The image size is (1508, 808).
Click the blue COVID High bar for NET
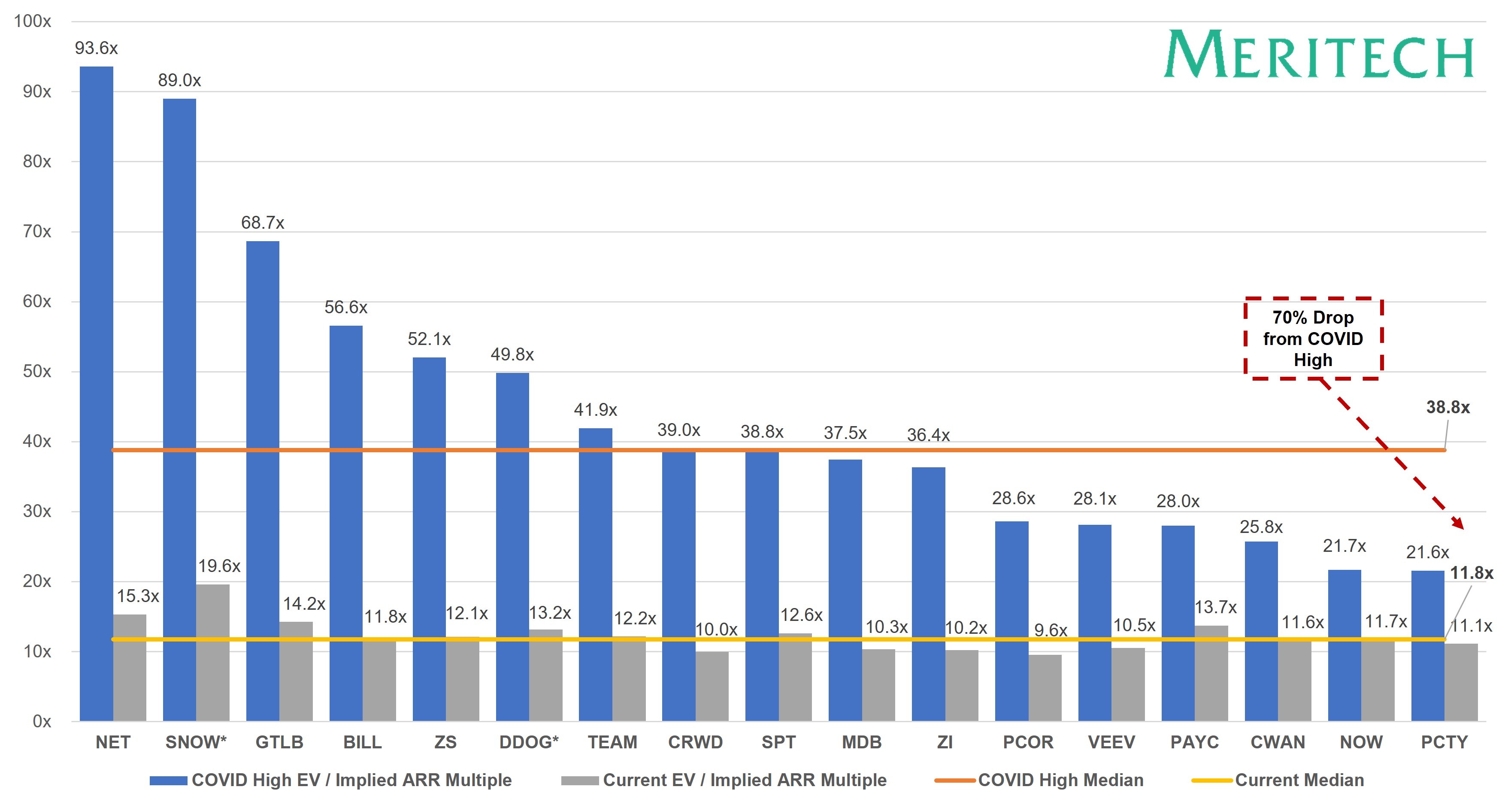click(96, 392)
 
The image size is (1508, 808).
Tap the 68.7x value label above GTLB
click(262, 223)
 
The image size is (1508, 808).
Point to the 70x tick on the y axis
click(37, 232)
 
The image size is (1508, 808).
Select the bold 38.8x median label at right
click(1447, 408)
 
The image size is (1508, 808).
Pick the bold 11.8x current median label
click(1471, 573)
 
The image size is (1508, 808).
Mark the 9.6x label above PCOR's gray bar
click(1050, 631)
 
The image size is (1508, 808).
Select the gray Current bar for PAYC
click(1211, 673)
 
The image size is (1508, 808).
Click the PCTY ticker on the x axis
click(1444, 742)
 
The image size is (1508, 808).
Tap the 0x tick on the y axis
click(42, 721)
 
